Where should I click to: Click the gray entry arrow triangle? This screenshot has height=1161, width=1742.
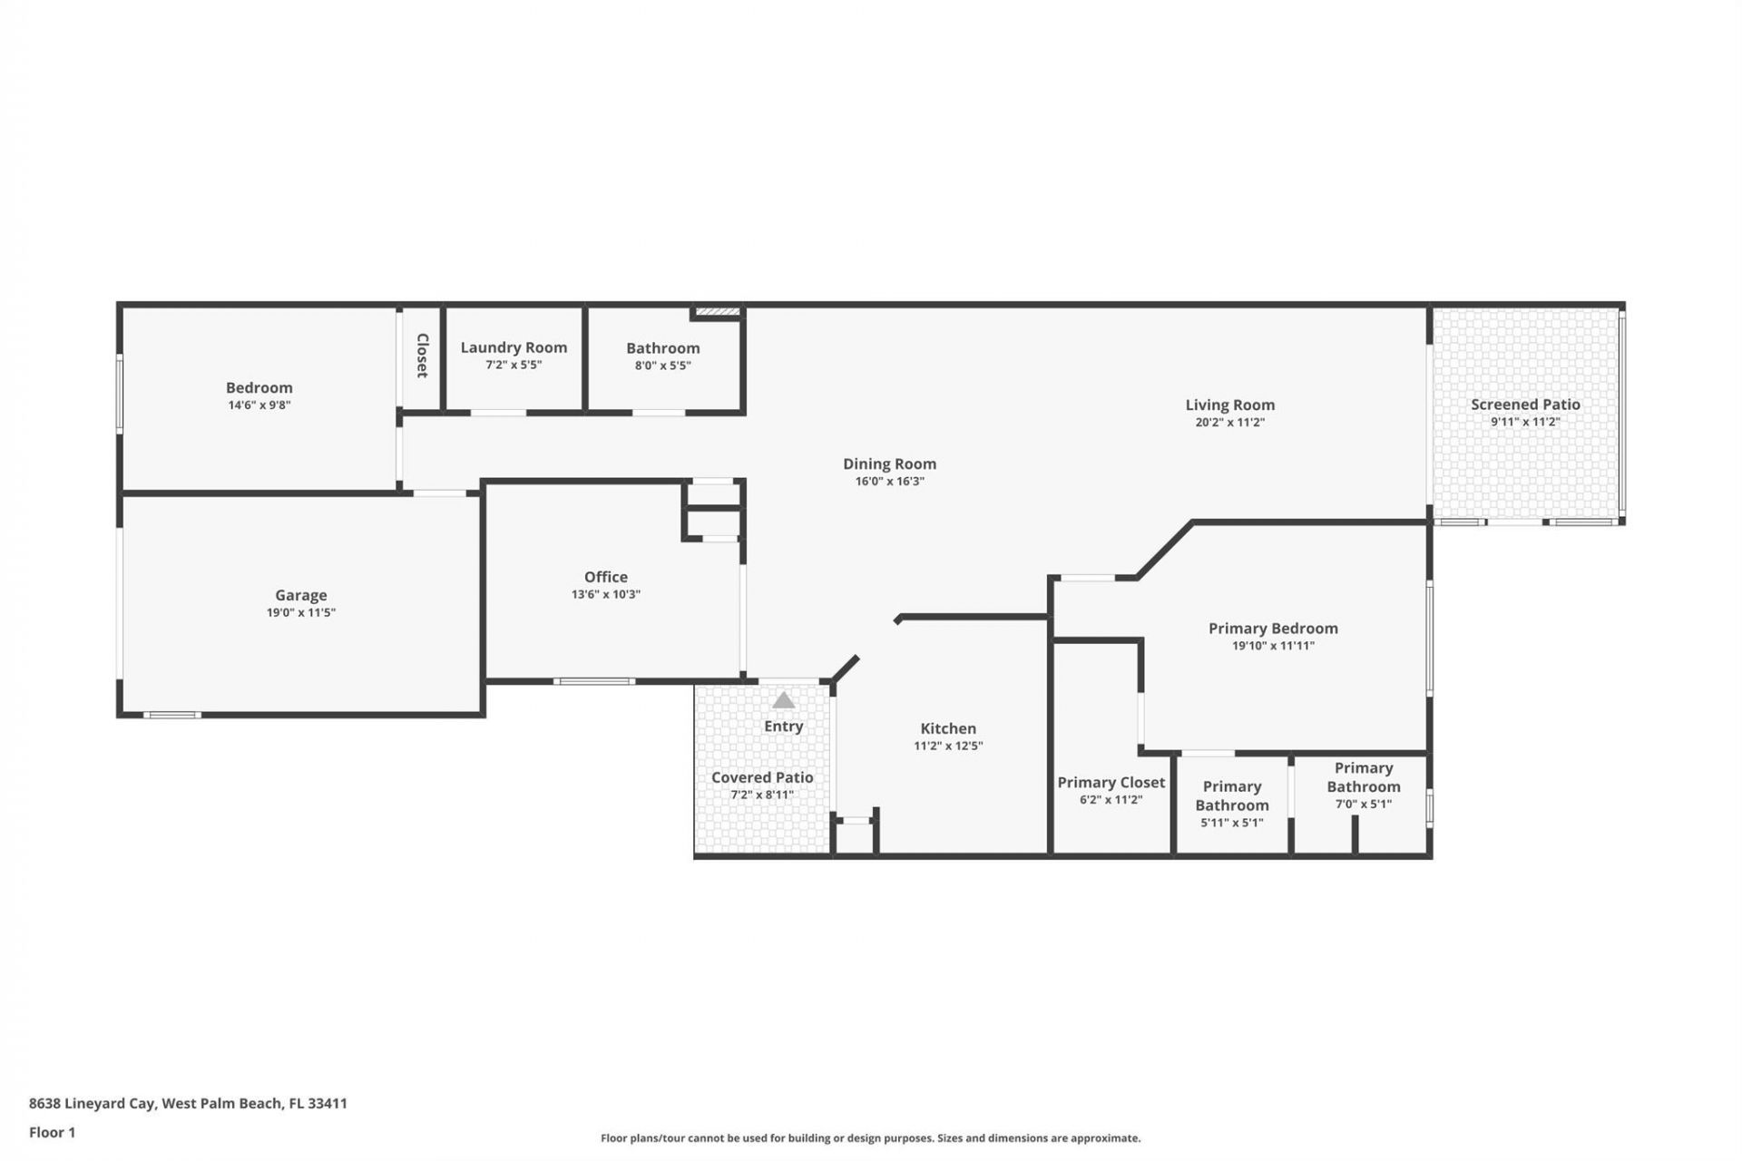pos(783,701)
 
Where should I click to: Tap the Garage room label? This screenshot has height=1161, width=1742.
pos(300,595)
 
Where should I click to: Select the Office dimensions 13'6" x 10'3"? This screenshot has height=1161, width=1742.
pos(605,594)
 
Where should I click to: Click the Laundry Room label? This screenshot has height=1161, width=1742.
pos(514,347)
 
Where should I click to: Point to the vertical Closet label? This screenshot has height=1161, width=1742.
pos(422,356)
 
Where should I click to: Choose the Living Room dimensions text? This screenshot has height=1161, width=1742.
pos(1229,422)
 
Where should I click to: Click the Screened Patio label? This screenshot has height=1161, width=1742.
pos(1525,405)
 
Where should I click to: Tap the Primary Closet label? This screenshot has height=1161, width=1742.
pos(1111,782)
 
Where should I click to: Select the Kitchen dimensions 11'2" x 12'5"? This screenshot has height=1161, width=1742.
pos(948,746)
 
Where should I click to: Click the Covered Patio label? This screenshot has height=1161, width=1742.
pos(762,777)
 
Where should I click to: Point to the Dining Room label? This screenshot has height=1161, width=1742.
pos(889,463)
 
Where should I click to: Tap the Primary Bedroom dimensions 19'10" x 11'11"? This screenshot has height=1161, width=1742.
pos(1273,646)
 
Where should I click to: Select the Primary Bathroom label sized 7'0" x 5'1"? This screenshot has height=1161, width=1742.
pos(1363,777)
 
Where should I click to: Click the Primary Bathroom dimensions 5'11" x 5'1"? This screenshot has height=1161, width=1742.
pos(1231,823)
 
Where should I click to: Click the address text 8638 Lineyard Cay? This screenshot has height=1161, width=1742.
pos(188,1104)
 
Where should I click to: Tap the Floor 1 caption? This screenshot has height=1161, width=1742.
pos(52,1132)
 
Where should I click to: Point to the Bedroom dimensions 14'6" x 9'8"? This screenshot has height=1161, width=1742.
pos(259,405)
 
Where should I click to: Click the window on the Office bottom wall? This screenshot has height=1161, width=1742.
pos(594,681)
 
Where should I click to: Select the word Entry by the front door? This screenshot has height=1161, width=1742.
pos(783,727)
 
